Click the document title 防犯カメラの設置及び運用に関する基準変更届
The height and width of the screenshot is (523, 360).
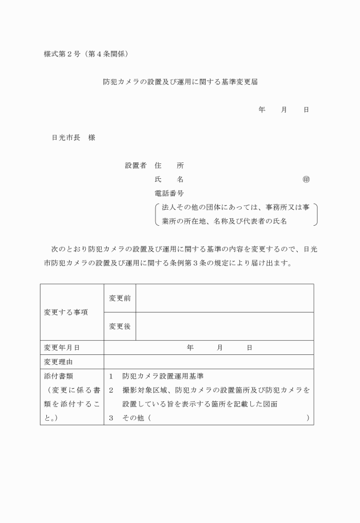[180, 82]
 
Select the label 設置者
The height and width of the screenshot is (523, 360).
[135, 166]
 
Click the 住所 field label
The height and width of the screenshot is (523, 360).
[169, 166]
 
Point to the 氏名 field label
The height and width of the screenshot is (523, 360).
[169, 179]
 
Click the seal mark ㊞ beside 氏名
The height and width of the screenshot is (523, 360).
[306, 179]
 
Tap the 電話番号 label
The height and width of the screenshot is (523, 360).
[169, 194]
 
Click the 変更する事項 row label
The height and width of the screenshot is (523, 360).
[66, 313]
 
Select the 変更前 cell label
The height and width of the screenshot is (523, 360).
[119, 298]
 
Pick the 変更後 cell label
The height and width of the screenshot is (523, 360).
[119, 326]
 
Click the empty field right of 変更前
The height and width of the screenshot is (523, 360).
[224, 298]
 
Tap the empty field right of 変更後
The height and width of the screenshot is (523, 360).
[224, 326]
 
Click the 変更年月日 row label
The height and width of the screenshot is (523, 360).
[62, 348]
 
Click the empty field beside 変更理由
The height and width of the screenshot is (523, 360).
[209, 362]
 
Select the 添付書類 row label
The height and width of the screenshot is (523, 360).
[58, 376]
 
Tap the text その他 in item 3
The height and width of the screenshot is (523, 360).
[133, 418]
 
